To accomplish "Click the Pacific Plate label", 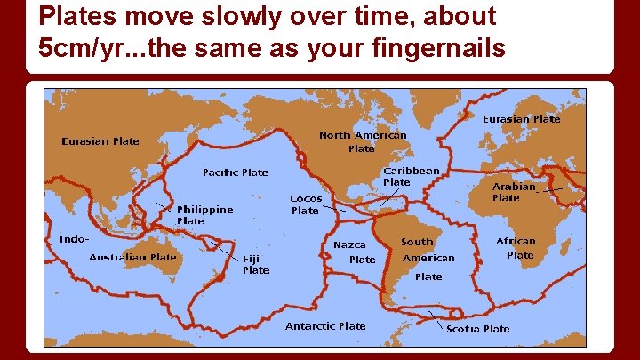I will (x=236, y=172).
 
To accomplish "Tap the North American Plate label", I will (x=363, y=142).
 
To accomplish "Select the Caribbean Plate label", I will (x=410, y=176).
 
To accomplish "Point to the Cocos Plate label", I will (x=306, y=204).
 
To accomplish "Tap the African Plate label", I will (x=516, y=247).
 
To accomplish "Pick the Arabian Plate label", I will (x=514, y=192).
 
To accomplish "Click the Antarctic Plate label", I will (x=325, y=326).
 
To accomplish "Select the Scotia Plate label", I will (x=478, y=328).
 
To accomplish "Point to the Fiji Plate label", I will (x=256, y=264).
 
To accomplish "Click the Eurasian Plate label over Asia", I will (x=100, y=140).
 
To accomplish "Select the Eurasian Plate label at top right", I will (x=521, y=119).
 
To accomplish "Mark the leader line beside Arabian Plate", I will (x=554, y=189).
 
